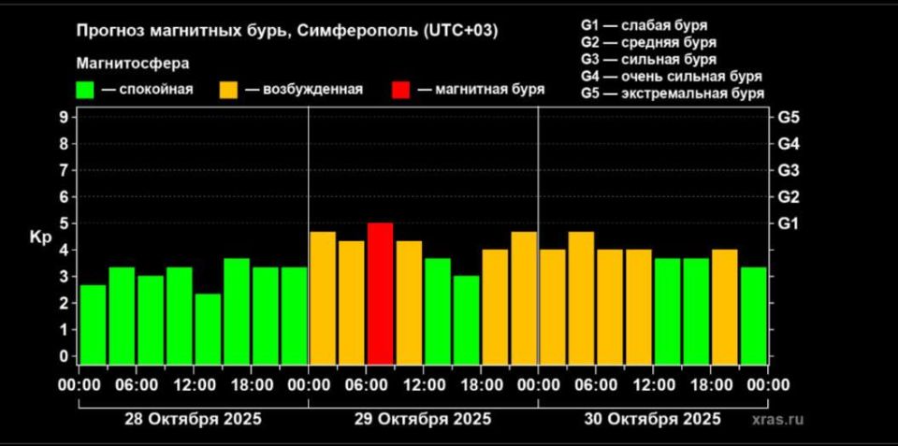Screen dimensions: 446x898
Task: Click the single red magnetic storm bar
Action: point(380,294)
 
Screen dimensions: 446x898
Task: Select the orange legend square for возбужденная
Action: point(228,90)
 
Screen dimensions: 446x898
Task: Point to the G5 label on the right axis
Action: point(788,118)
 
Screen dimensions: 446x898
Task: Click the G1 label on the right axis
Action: point(788,224)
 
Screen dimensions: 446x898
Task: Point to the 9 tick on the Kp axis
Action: point(64,118)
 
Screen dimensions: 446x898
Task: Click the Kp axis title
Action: point(40,237)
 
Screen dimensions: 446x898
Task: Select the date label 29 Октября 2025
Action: point(423,418)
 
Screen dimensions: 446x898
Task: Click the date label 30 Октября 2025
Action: point(653,418)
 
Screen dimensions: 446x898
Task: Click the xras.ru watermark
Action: point(776,419)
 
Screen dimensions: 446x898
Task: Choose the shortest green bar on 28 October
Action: point(208,329)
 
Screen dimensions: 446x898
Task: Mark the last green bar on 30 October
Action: point(754,316)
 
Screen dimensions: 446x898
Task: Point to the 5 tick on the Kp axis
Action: point(64,224)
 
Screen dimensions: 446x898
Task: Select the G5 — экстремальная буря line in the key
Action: point(672,94)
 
